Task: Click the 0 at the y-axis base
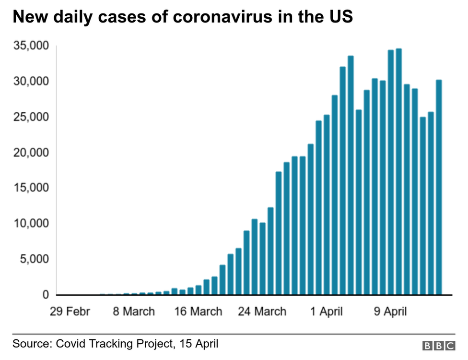point(45,295)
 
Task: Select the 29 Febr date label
point(70,312)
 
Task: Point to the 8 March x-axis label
point(134,312)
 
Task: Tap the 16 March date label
point(198,312)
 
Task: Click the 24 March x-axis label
point(262,312)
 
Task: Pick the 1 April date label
point(327,312)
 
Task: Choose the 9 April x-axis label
point(390,312)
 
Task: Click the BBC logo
point(438,345)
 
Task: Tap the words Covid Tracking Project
point(114,344)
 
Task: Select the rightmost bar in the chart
point(438,187)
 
